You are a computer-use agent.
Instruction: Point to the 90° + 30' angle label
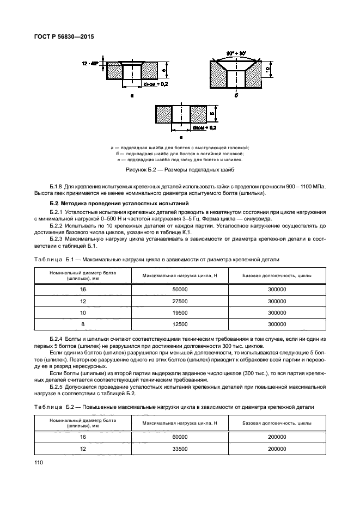[236, 53]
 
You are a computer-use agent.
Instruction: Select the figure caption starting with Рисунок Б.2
[180, 171]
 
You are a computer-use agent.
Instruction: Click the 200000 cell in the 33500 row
[277, 449]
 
